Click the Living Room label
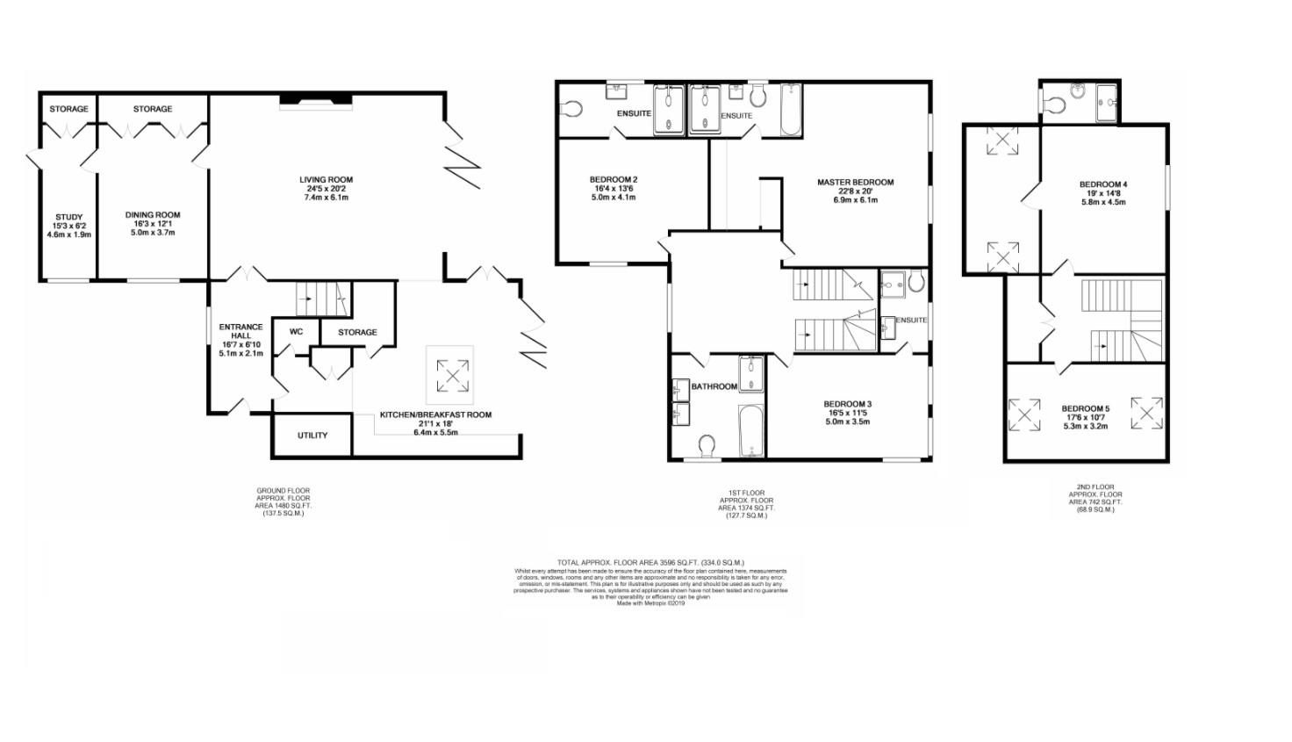coord(326,180)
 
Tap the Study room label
coord(68,217)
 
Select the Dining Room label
coord(153,215)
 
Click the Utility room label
coord(312,436)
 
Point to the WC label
coord(296,332)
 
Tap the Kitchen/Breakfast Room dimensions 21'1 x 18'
coord(435,423)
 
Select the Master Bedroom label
coord(855,183)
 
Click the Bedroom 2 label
coord(614,180)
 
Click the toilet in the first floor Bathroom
coord(708,447)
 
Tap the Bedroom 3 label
coord(847,404)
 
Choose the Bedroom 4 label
coord(1103,184)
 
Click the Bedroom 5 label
coord(1085,409)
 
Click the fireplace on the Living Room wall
coord(315,103)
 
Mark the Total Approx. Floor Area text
coord(650,562)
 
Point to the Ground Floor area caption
coord(283,501)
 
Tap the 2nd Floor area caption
coord(1095,498)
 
